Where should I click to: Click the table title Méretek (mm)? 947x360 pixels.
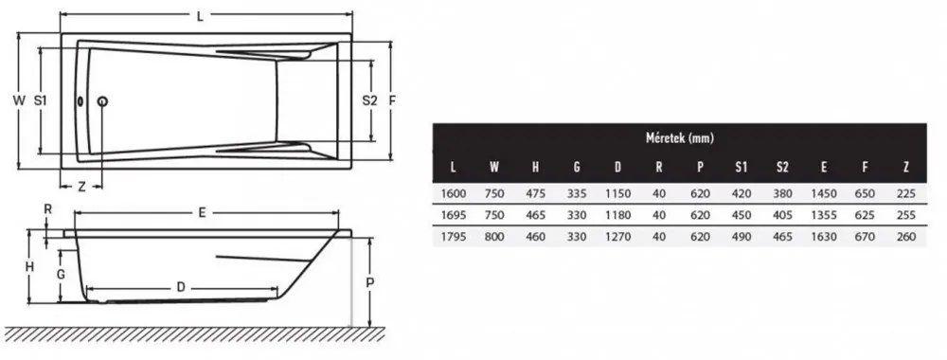pos(679,138)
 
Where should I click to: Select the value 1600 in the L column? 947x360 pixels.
pos(454,194)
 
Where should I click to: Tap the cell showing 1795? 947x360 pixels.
pos(454,237)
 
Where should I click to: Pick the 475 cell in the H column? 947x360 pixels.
pos(535,194)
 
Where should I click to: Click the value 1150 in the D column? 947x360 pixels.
pos(617,194)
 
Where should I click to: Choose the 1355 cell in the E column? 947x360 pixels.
pos(824,215)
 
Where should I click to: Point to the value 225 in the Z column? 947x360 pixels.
pos(906,194)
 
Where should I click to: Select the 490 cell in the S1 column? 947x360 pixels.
pos(742,237)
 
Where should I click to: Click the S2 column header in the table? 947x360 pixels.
pos(782,168)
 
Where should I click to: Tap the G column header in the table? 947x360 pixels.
pos(577,168)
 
